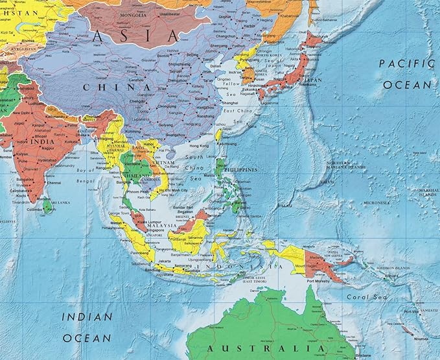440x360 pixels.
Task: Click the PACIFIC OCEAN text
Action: (406, 73)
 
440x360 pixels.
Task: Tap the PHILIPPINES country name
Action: (240, 170)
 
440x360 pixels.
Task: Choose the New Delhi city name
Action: (21, 112)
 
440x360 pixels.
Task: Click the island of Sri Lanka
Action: (47, 205)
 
